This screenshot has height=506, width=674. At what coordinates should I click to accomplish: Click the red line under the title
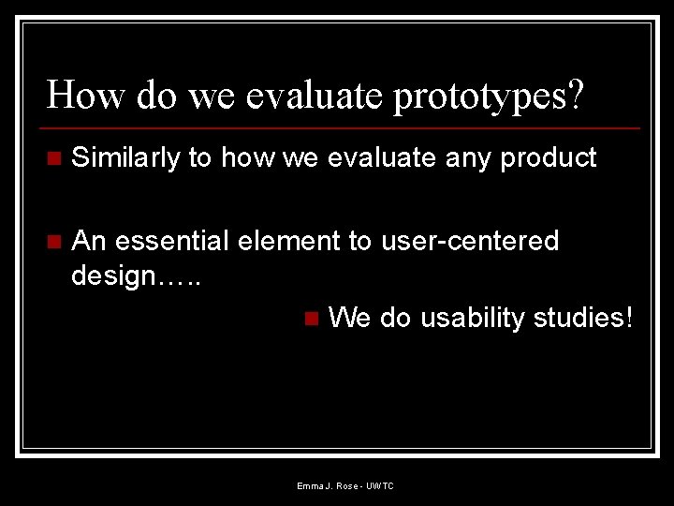click(x=343, y=127)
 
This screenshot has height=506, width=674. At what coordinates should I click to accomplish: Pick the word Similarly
click(x=126, y=158)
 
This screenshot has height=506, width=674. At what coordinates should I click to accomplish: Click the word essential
click(x=172, y=241)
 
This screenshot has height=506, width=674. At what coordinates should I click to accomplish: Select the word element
click(x=289, y=241)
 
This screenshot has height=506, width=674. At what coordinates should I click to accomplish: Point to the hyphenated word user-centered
click(x=469, y=241)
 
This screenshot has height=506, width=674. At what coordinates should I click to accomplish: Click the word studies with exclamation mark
click(x=583, y=318)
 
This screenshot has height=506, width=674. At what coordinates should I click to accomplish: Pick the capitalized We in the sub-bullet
click(x=350, y=318)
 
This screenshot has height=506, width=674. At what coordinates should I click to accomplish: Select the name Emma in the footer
click(x=309, y=486)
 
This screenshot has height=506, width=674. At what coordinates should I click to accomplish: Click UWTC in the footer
click(x=381, y=486)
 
